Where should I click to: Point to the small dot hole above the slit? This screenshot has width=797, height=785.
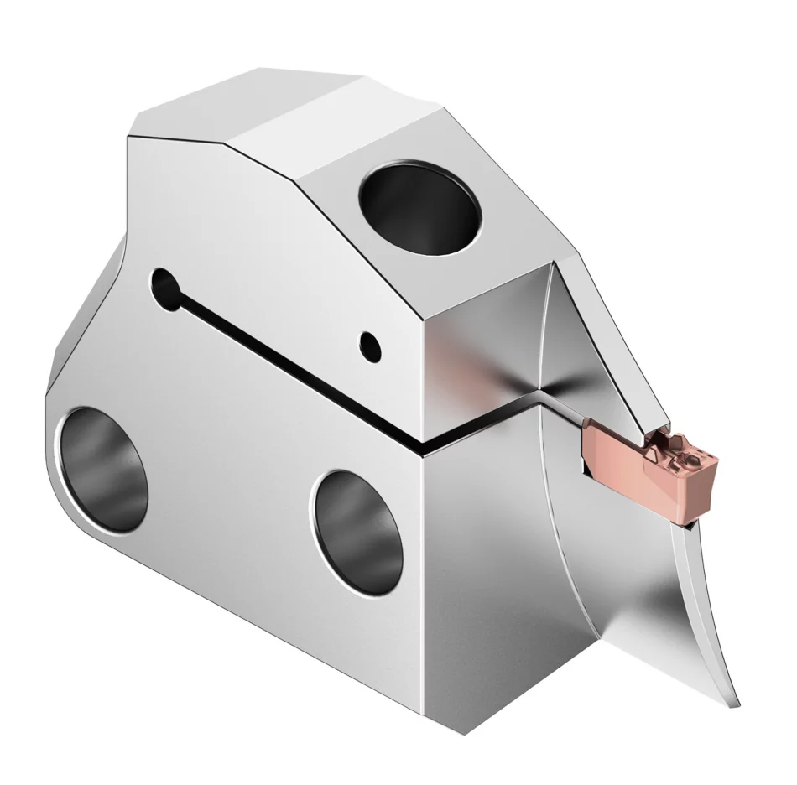coord(368,341)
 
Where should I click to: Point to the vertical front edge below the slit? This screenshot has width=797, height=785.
coord(425,587)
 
